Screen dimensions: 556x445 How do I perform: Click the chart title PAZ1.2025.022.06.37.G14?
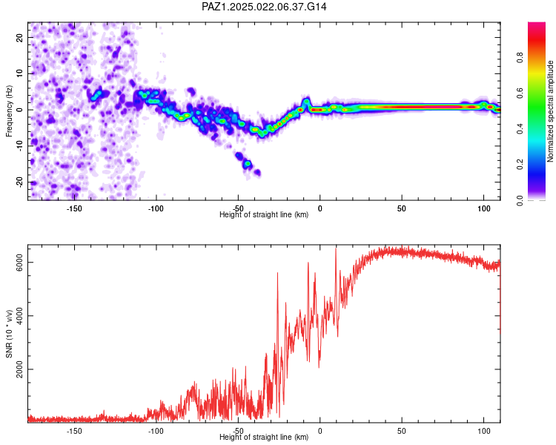(264, 7)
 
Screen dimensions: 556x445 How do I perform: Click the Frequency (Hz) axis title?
(9, 111)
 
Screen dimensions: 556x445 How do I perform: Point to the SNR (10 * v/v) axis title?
(9, 334)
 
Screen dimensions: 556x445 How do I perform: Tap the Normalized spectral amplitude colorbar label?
(550, 111)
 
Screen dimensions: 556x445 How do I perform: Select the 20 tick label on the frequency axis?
(20, 37)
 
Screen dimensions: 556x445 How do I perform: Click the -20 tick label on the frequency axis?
(20, 182)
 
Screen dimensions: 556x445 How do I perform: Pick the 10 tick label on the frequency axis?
(20, 73)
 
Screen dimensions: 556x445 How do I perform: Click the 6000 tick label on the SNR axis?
(20, 263)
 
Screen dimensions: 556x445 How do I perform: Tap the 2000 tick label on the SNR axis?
(20, 369)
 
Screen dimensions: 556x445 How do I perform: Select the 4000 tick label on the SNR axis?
(20, 316)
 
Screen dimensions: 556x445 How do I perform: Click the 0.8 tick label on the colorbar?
(520, 57)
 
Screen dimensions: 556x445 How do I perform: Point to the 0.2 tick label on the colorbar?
(520, 165)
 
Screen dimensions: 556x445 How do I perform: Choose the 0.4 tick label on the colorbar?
(520, 128)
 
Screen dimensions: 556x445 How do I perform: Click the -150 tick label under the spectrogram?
(73, 208)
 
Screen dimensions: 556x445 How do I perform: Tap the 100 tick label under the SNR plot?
(483, 431)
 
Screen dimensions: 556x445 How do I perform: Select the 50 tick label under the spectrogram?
(401, 208)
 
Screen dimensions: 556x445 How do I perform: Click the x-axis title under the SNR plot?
(264, 437)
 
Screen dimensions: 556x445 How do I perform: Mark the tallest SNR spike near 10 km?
(336, 248)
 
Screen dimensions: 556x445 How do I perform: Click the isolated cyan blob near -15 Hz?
(247, 164)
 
